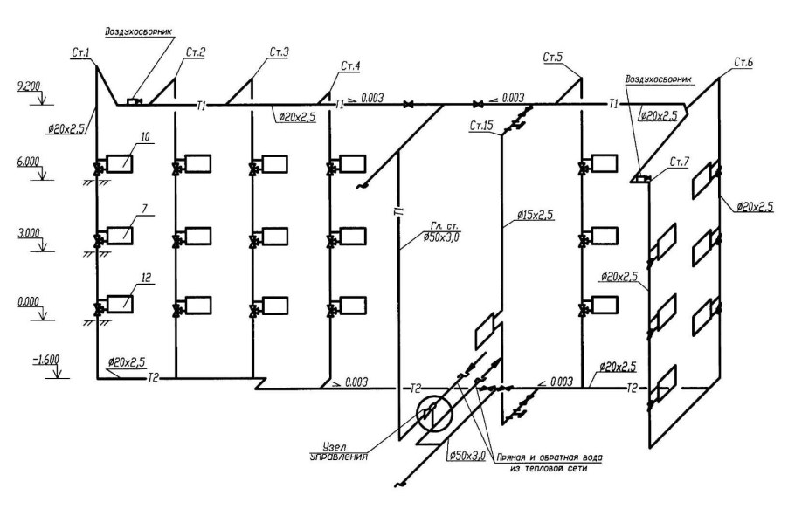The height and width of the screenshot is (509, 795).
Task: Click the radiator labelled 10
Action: (120, 164)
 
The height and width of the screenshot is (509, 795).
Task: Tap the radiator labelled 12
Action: (120, 304)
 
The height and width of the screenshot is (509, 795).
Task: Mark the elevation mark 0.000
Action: (29, 302)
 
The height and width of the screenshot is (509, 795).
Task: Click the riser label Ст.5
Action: (552, 58)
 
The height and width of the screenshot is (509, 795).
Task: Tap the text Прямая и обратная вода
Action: (550, 457)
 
